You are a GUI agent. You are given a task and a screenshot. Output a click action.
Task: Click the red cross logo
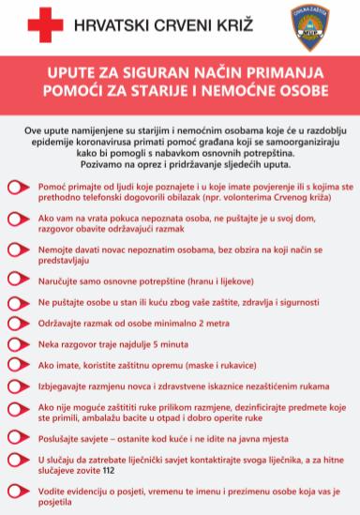click(45, 25)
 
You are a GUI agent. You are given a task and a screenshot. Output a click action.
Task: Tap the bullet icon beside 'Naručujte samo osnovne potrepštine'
click(19, 280)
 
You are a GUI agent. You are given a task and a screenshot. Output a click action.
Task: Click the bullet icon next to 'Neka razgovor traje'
click(19, 344)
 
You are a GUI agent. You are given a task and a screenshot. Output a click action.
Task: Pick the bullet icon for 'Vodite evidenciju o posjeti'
click(19, 493)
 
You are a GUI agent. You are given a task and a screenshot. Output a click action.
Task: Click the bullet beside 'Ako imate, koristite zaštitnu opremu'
click(19, 365)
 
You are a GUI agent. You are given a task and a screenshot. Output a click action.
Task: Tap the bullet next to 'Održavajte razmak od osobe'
click(19, 323)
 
